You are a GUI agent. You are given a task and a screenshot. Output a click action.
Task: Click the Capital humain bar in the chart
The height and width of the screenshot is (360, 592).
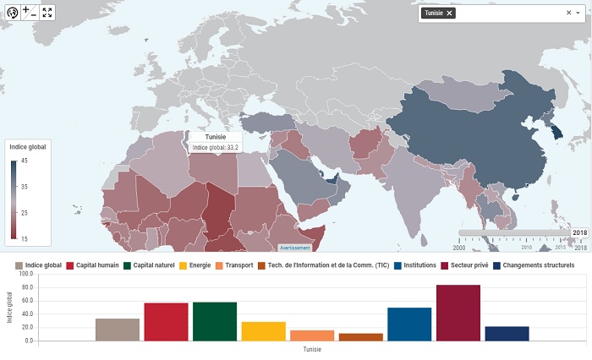(166, 321)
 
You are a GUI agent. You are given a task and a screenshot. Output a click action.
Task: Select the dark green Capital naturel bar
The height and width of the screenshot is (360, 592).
(215, 321)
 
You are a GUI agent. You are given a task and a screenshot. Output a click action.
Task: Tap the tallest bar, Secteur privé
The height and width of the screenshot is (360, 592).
(458, 313)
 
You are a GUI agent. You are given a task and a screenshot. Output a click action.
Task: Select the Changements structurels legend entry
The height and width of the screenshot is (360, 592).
(534, 265)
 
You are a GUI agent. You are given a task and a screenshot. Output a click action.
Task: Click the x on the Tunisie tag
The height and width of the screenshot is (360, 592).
(449, 13)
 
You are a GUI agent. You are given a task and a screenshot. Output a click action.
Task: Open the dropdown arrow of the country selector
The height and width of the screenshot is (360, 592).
(578, 13)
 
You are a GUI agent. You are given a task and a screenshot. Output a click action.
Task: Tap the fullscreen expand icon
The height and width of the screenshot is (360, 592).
(47, 12)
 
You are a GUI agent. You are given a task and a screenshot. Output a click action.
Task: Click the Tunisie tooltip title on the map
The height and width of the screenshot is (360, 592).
(214, 137)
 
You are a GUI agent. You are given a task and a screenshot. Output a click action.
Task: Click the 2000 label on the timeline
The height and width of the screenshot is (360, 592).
(459, 248)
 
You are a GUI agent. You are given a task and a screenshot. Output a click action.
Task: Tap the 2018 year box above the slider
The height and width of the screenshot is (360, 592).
(579, 232)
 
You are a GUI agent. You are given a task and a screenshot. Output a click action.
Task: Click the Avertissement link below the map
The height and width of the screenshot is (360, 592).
(295, 248)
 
